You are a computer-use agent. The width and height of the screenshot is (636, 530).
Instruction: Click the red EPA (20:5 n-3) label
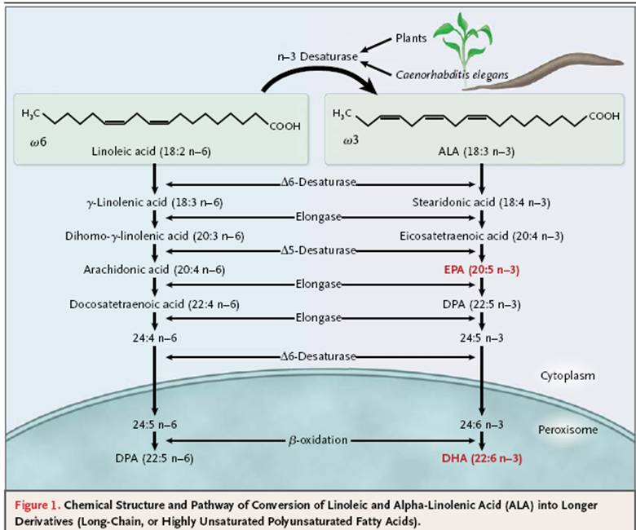tap(482, 268)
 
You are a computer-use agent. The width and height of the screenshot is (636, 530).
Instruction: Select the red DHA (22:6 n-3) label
tap(482, 458)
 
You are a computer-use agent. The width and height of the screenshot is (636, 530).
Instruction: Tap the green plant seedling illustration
tap(464, 42)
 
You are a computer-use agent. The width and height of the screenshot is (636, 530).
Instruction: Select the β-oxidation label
tap(318, 439)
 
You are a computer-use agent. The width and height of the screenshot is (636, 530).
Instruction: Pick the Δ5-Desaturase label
tap(318, 250)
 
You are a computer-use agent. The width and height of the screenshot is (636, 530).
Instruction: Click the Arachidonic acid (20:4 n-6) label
tap(154, 268)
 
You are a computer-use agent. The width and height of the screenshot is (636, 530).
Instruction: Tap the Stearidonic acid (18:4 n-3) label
tap(482, 200)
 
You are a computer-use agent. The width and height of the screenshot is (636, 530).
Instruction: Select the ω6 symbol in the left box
tap(37, 145)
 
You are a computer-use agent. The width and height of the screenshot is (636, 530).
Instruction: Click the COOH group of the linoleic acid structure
tap(284, 126)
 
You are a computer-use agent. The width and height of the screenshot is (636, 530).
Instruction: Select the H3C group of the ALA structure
tap(343, 113)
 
